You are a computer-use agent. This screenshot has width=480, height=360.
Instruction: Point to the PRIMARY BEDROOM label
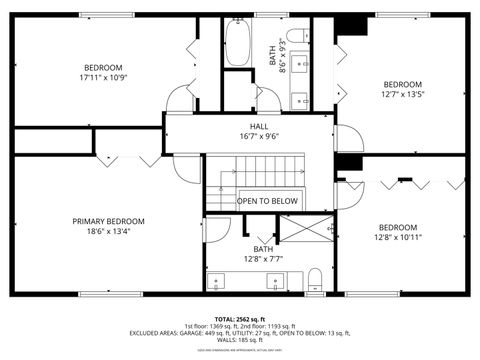point(108,221)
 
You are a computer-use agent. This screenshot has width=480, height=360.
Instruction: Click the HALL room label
point(259,127)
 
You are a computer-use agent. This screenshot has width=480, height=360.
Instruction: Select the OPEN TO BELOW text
point(267,201)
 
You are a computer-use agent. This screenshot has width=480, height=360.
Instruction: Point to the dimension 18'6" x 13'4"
point(108,232)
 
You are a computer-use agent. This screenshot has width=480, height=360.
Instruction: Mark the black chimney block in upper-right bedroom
point(350,28)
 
